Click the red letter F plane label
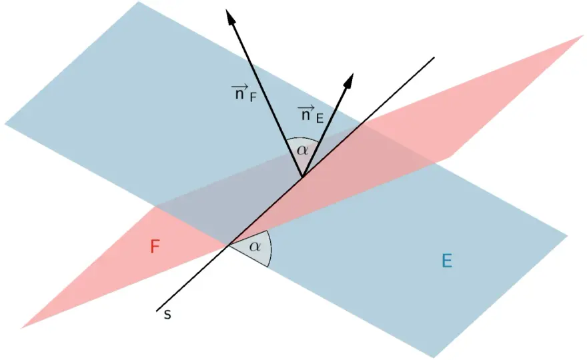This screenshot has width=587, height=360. (155, 247)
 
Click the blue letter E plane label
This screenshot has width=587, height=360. (447, 261)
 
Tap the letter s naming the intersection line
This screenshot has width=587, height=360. (167, 315)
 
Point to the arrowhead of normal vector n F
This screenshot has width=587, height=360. (230, 16)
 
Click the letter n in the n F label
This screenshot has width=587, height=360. (239, 94)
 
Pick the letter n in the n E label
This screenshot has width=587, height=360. (306, 115)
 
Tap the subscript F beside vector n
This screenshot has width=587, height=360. (253, 98)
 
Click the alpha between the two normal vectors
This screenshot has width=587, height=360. (302, 151)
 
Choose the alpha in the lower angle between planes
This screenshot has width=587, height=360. (255, 246)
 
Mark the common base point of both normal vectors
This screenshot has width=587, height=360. (302, 177)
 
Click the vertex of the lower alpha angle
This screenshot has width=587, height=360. (229, 245)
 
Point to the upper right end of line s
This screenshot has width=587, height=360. (434, 57)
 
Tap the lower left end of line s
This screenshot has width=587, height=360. (157, 311)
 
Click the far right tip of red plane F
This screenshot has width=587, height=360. (584, 35)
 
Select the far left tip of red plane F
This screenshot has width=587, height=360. (21, 328)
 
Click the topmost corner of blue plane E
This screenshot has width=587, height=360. (138, 2)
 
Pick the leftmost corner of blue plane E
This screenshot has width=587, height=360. (5, 123)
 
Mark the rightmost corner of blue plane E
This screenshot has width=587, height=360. (568, 236)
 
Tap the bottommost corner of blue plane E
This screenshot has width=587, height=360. (434, 358)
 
